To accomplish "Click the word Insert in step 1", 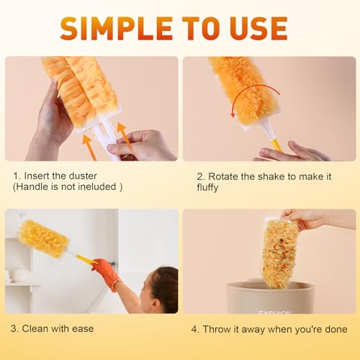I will click(x=37, y=175).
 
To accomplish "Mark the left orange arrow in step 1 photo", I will click(x=89, y=147).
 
